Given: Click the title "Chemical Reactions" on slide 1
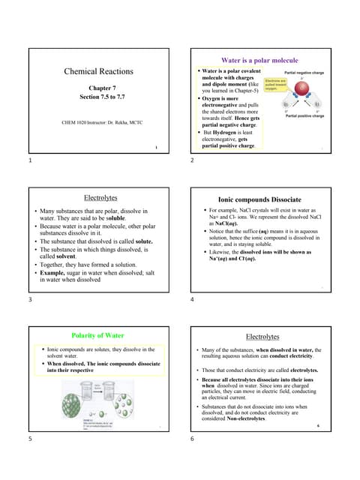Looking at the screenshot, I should click(x=99, y=71).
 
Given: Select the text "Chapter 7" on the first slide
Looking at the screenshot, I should click(x=99, y=88).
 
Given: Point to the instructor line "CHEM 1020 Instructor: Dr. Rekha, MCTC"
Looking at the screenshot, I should click(x=92, y=121).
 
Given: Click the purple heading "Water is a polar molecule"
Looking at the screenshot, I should click(x=259, y=60).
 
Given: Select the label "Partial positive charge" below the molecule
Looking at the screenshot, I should click(x=305, y=116).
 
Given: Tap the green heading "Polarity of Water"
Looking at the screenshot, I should click(x=97, y=335).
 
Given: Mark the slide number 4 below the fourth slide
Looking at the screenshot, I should click(x=193, y=299).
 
